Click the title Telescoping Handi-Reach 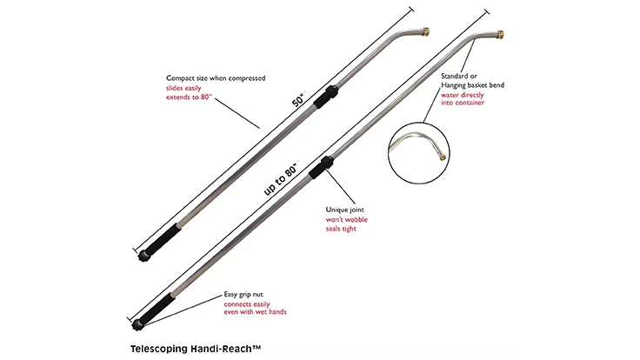point(189,346)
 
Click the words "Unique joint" point(345,210)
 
